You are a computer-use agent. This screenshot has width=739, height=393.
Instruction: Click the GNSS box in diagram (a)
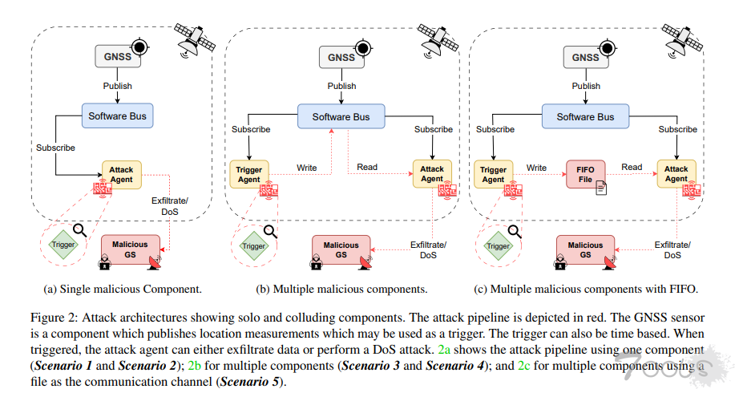point(117,57)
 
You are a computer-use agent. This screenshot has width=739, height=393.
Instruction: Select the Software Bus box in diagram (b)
point(341,117)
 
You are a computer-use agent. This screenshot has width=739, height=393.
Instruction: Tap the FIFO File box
point(586,174)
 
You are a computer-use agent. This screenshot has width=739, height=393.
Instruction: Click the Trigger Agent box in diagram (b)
point(250,174)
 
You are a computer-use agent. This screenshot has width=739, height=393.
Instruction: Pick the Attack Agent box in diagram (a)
point(122,174)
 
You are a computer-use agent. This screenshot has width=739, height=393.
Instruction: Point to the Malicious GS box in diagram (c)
point(585,249)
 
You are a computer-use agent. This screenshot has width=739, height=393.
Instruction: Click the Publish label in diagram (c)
point(586,87)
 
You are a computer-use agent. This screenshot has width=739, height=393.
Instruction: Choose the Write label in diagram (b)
point(306,168)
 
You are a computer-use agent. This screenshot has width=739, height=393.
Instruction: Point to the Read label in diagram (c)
point(632,168)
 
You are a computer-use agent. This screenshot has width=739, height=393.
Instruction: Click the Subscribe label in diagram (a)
point(55,148)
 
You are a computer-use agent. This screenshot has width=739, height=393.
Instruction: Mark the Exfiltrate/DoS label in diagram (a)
point(170,207)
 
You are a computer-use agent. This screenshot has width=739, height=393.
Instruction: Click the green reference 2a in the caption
point(445,351)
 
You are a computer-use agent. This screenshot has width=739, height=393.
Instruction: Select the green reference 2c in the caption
point(524,367)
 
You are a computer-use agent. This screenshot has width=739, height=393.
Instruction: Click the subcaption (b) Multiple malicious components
point(341,288)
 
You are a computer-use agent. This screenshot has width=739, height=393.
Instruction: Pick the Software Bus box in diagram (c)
point(586,117)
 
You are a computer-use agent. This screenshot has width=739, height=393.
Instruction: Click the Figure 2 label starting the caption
point(50,321)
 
